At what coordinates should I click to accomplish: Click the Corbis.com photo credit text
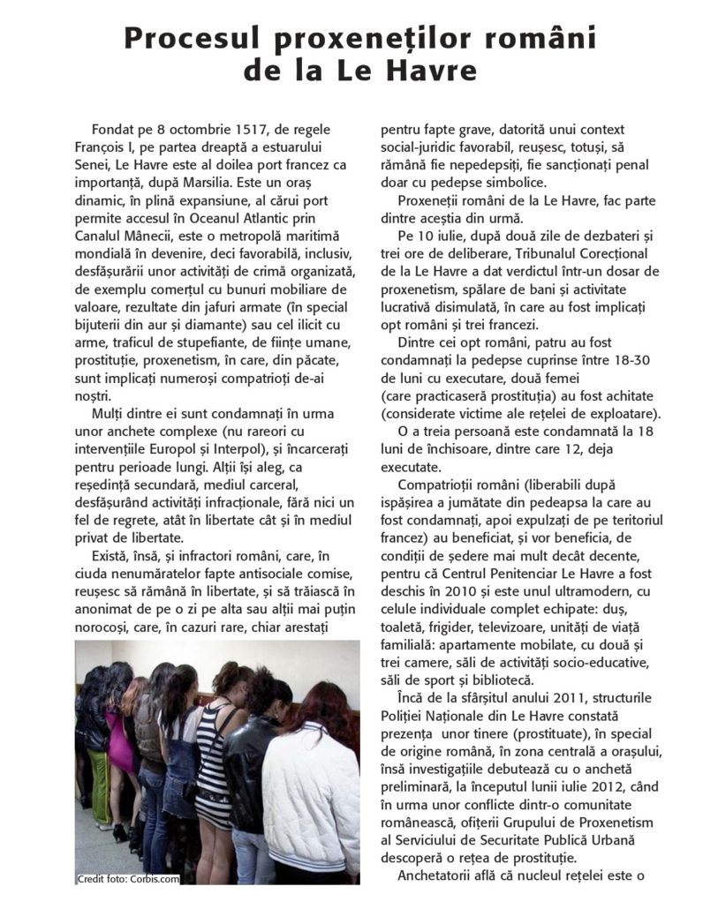coord(128,879)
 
